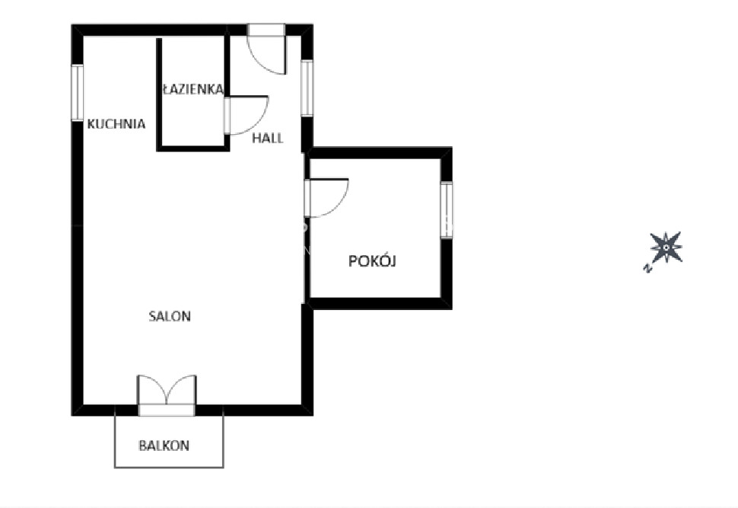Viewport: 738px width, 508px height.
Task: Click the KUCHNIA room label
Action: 116,124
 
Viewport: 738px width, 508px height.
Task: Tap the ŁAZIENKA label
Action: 192,89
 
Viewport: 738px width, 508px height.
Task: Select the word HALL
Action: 268,138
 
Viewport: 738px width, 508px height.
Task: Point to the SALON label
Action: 170,316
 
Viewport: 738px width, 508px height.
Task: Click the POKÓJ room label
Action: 372,260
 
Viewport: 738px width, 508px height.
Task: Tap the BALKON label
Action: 164,446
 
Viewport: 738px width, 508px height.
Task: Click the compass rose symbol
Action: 666,248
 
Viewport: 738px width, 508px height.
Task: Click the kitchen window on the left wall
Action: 77,93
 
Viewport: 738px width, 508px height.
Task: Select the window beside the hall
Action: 307,88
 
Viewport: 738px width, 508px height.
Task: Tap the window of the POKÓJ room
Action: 447,210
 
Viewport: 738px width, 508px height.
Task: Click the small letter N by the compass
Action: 647,269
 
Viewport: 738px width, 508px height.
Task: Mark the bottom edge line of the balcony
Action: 169,467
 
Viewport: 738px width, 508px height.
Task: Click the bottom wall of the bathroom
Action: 193,149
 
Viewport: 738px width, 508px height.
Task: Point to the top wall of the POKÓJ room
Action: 380,152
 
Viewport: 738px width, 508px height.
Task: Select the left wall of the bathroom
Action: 159,94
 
